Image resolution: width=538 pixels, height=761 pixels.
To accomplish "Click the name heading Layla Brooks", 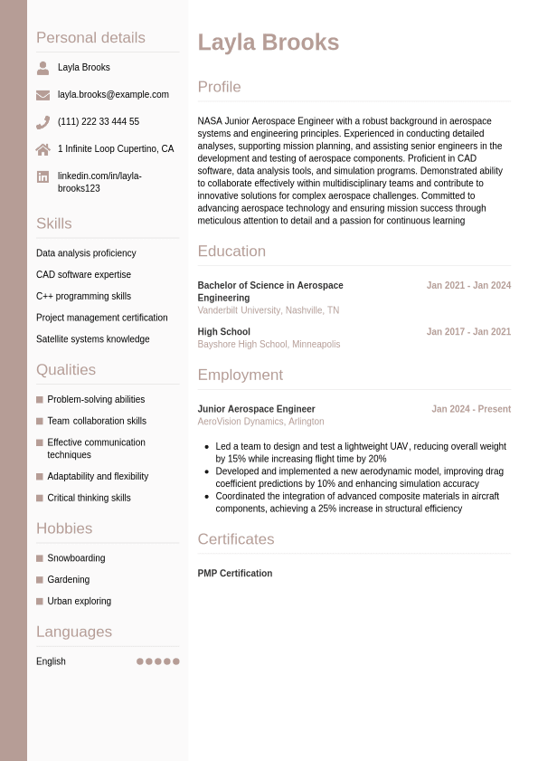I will (268, 43).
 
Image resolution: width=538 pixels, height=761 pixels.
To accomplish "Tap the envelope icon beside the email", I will (42, 95).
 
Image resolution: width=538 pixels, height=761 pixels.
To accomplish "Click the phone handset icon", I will (42, 122).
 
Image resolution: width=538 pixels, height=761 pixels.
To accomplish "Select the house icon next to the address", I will (42, 149).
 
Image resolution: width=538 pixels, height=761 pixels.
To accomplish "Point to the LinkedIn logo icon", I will (42, 176).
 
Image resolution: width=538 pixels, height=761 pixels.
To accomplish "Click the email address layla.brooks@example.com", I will (113, 94).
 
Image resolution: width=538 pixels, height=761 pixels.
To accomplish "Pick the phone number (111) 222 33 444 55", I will (99, 121).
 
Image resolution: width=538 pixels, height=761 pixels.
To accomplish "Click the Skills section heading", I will (53, 224).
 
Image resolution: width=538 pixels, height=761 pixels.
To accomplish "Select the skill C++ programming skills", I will (83, 296).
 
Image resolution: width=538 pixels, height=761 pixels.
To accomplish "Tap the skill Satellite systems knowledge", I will (92, 339).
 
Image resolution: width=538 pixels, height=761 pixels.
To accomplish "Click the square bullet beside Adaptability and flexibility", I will (40, 477).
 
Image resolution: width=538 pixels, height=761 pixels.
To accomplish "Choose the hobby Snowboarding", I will (76, 558).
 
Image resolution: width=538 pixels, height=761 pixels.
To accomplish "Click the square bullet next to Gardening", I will (40, 580).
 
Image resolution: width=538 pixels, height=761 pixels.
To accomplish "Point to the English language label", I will (51, 661).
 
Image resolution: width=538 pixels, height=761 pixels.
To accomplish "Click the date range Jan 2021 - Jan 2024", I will (468, 285).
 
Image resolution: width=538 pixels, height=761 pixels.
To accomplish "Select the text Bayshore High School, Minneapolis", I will (269, 344).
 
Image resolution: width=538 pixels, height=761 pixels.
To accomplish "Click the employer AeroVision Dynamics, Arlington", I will (260, 422).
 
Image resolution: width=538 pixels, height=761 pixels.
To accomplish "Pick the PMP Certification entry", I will (234, 574).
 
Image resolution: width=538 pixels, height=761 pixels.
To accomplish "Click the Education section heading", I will (231, 252).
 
